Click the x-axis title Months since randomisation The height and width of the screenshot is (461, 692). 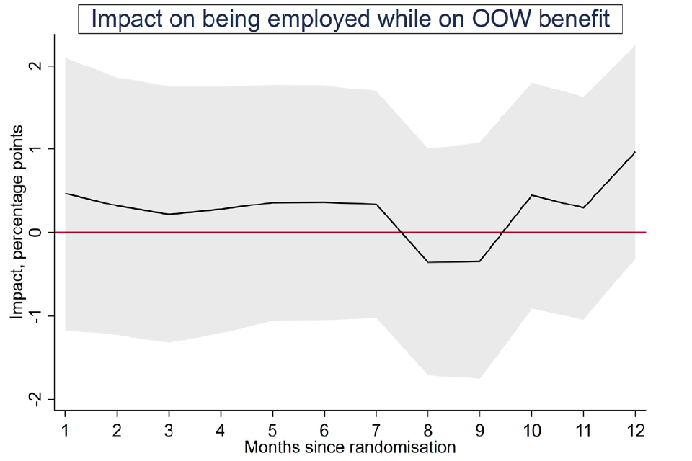pos(350,447)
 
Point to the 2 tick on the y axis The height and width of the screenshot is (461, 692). pos(32,66)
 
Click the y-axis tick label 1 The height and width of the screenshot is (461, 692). pos(32,149)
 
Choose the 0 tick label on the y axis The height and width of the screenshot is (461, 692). pos(32,233)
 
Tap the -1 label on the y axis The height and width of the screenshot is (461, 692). pos(32,315)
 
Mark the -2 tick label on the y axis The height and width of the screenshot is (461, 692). pos(32,399)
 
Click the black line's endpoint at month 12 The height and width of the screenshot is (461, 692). pos(635,152)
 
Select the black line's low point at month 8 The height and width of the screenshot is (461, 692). pos(428,262)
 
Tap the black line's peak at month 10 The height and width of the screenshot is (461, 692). pos(531,195)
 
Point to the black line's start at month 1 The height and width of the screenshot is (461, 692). pos(66,193)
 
